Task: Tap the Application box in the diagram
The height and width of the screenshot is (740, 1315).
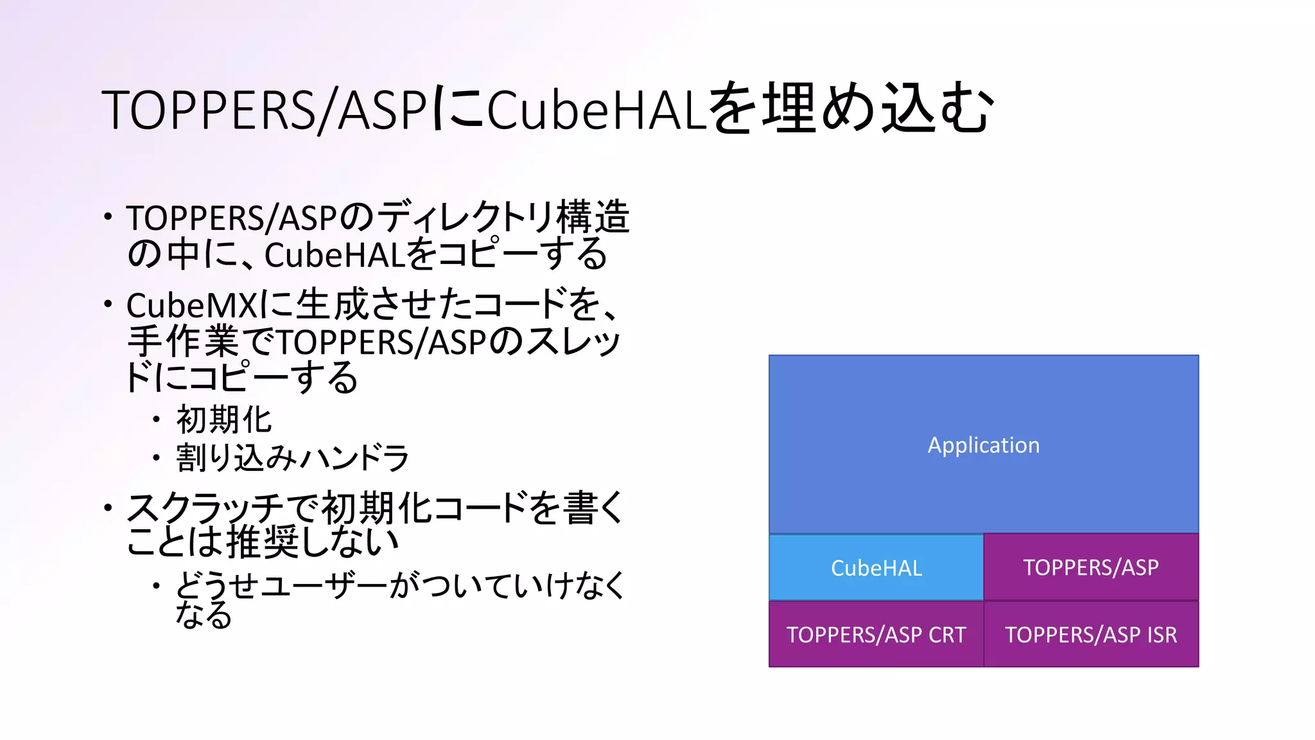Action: point(983,445)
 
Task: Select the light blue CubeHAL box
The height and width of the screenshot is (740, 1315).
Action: point(876,568)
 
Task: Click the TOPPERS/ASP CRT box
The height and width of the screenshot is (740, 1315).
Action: point(876,635)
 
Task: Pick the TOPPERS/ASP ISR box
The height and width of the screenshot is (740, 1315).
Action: point(1090,635)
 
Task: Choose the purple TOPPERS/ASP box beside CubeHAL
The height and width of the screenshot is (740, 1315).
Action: point(1090,567)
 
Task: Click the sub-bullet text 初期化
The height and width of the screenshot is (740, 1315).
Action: point(224,421)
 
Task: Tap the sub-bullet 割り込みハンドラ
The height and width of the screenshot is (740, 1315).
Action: point(292,458)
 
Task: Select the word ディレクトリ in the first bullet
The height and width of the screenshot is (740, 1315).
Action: point(465,217)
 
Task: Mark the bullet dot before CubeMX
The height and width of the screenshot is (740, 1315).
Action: point(108,303)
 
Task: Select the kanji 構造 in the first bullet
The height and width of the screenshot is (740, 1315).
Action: point(592,217)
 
